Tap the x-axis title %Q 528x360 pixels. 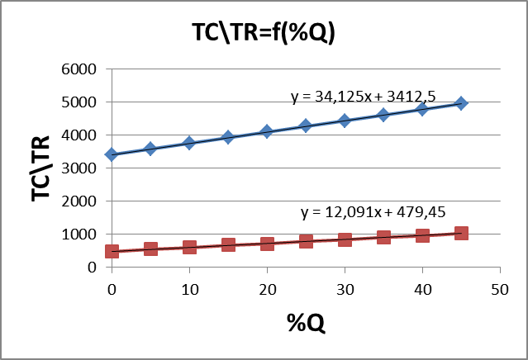(305, 323)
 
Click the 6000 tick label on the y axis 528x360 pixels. (80, 69)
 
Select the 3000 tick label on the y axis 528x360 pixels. (80, 168)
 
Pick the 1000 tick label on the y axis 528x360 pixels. (80, 234)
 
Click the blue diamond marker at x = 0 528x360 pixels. (112, 154)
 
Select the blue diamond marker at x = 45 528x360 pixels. (461, 103)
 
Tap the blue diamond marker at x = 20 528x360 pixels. (267, 131)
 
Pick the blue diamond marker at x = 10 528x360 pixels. (189, 143)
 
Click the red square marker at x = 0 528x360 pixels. (112, 251)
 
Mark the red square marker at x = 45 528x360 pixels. (461, 233)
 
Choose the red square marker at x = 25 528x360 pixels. (306, 241)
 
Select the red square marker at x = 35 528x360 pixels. (383, 237)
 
